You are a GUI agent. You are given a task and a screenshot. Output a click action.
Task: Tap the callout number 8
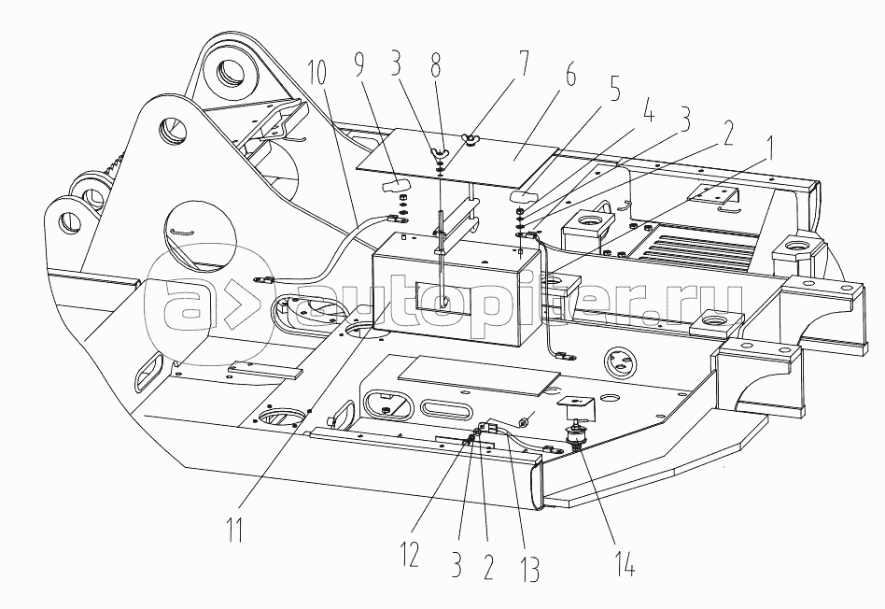click(435, 66)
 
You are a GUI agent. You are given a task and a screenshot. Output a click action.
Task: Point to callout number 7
click(525, 64)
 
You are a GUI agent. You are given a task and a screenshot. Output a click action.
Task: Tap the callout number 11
click(235, 529)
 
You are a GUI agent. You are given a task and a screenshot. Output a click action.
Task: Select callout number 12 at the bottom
click(411, 555)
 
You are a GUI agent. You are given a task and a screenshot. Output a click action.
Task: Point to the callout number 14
click(625, 562)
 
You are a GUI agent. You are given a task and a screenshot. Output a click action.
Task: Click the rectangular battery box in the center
click(457, 294)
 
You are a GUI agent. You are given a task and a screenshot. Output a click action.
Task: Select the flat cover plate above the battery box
click(458, 158)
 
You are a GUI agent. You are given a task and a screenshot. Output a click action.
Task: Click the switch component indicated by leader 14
click(577, 437)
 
